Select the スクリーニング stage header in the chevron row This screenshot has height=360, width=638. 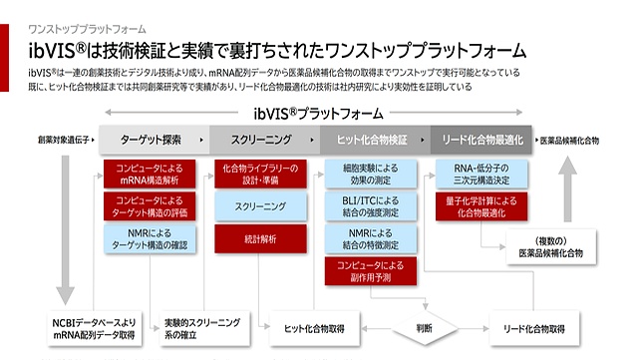265,141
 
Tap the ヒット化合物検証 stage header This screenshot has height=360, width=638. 374,141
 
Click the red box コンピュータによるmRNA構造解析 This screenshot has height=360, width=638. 148,173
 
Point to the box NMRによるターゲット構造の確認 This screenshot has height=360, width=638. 148,238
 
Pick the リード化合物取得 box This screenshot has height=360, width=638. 534,327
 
